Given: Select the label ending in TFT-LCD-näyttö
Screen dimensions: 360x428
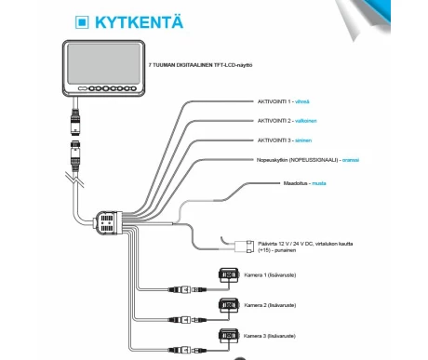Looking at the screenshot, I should point(201,67).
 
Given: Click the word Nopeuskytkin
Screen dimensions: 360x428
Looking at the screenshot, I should point(276,160).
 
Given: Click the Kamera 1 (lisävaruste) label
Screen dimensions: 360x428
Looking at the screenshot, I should point(271,275).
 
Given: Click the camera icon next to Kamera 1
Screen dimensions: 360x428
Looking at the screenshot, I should point(226,276).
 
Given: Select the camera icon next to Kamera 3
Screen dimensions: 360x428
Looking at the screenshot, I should point(226,336).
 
